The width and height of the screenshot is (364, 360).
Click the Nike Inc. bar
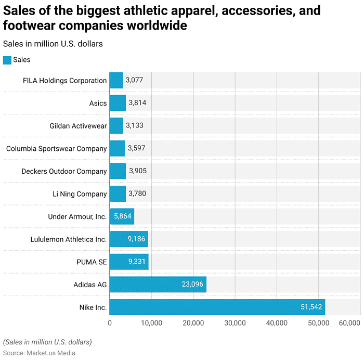[x=217, y=307]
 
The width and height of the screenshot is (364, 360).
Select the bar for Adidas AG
[x=158, y=285]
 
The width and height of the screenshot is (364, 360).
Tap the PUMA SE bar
[x=129, y=262]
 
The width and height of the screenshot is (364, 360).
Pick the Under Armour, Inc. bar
[x=122, y=216]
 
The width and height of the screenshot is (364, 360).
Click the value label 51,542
[x=311, y=307]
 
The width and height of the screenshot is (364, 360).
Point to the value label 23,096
[x=192, y=285]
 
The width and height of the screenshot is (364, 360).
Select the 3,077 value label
[x=134, y=81]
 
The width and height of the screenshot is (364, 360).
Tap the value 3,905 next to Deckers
[x=138, y=171]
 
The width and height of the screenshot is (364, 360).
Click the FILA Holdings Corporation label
[x=64, y=81]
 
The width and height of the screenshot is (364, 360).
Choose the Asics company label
[x=98, y=103]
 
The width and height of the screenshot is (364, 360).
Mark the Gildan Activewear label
[x=78, y=126]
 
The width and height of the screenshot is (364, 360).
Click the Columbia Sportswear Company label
[x=56, y=148]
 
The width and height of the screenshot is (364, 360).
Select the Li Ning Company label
[x=80, y=194]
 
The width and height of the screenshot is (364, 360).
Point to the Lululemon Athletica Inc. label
[x=69, y=239]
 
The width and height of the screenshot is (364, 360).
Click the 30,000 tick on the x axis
[x=235, y=324]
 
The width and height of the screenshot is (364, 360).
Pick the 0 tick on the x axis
[x=110, y=324]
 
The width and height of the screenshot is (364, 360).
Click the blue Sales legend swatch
[x=7, y=60]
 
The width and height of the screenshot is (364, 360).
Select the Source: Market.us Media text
[x=39, y=353]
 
